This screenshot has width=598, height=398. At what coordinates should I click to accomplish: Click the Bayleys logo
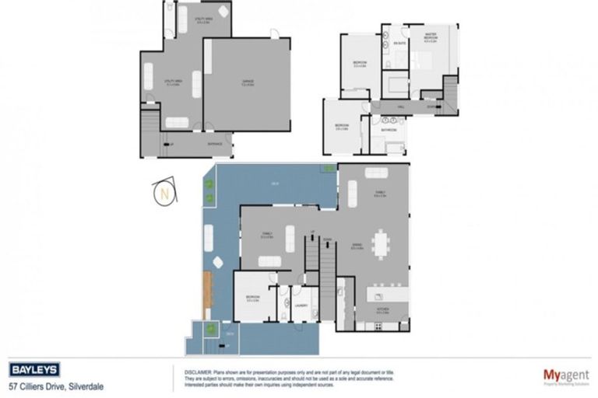pyautogui.click(x=36, y=370)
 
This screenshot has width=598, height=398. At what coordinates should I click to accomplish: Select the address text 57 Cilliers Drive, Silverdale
pyautogui.click(x=56, y=386)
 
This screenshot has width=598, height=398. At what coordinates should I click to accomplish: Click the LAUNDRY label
pyautogui.click(x=301, y=305)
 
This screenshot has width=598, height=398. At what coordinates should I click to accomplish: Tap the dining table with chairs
pyautogui.click(x=382, y=244)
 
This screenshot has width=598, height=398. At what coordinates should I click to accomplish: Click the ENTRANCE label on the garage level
pyautogui.click(x=215, y=143)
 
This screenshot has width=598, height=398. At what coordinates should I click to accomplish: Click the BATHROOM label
pyautogui.click(x=389, y=130)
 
